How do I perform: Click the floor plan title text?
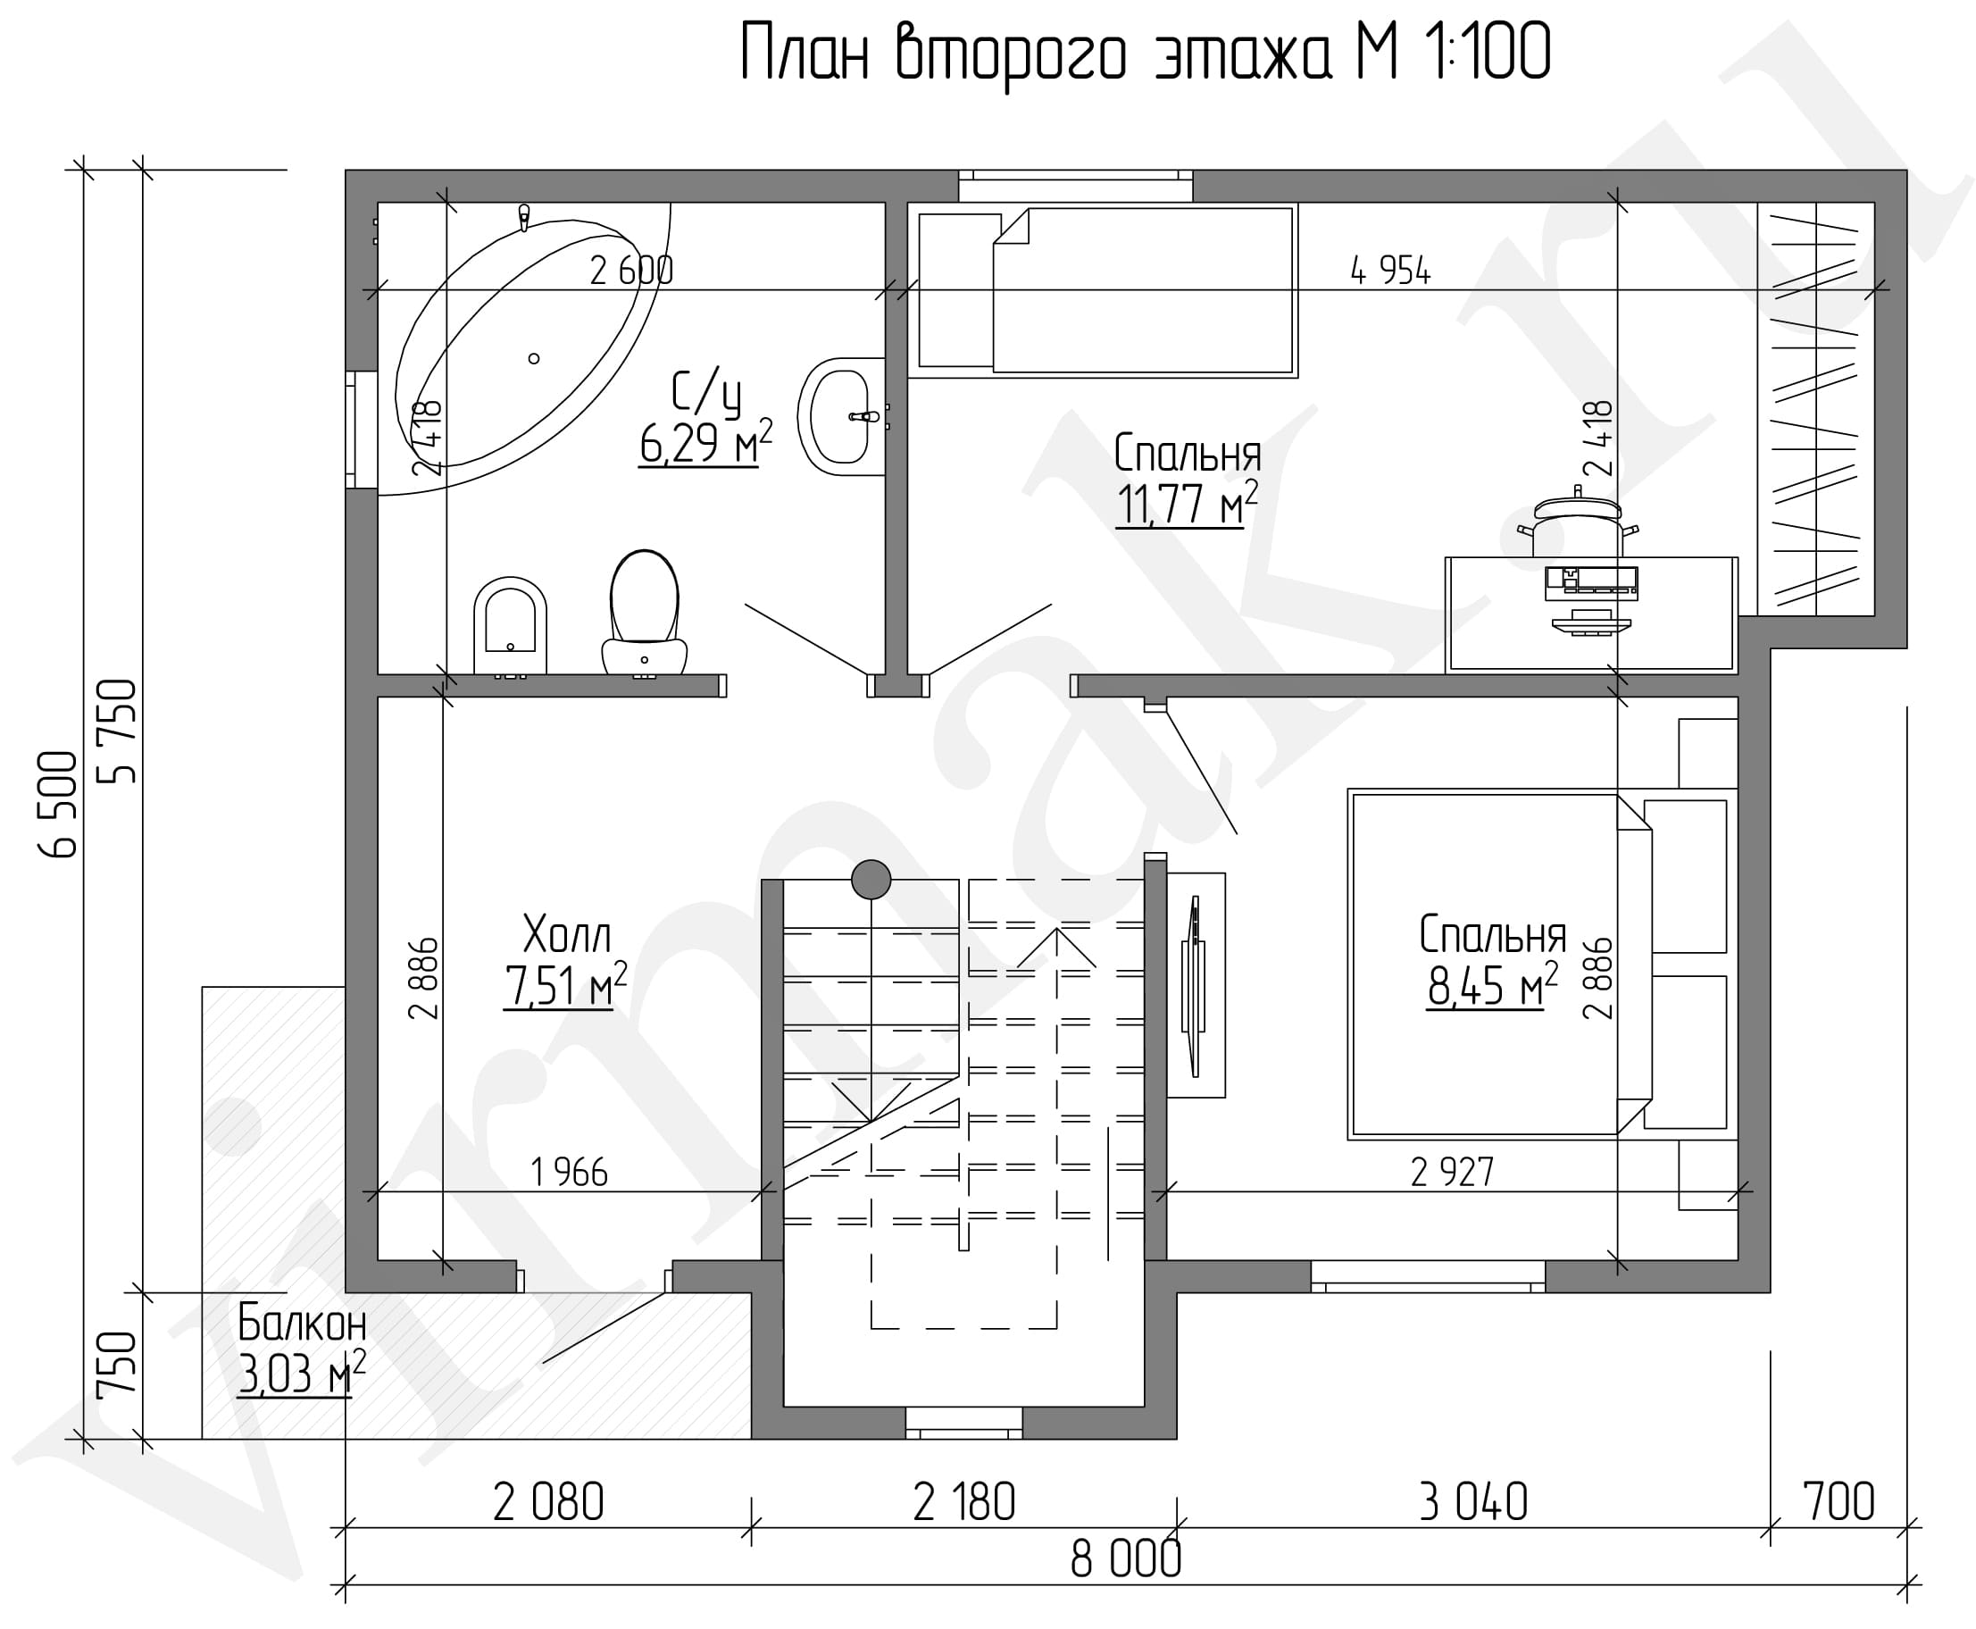[1145, 54]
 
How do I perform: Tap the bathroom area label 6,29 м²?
[705, 443]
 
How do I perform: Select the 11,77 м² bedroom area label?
[1186, 504]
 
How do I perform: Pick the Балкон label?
[301, 1324]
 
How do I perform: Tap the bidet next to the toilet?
[511, 626]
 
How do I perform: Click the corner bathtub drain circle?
[534, 358]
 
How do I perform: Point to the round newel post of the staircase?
[871, 879]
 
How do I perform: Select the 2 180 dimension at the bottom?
[963, 1502]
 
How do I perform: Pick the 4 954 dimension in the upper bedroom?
[1390, 271]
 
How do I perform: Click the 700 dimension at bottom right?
[1838, 1502]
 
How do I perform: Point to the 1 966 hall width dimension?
[569, 1172]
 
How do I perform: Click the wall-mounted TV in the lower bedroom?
[1195, 985]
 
